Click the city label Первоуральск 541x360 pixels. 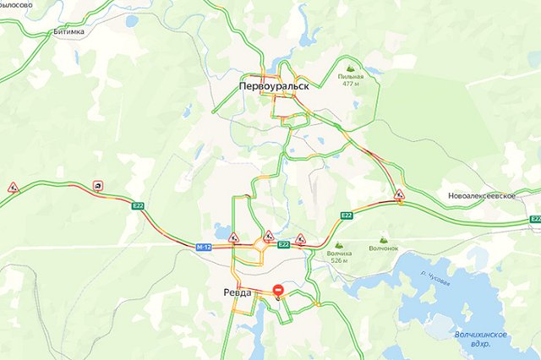pyautogui.click(x=274, y=86)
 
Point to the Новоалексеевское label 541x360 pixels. pyautogui.click(x=482, y=195)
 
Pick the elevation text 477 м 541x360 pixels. pyautogui.click(x=352, y=84)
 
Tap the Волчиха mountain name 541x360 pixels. pyautogui.click(x=340, y=253)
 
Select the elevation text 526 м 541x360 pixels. pyautogui.click(x=340, y=260)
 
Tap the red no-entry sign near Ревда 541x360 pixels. pyautogui.click(x=279, y=292)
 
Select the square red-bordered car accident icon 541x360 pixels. pyautogui.click(x=99, y=187)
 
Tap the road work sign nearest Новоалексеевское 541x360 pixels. pyautogui.click(x=399, y=195)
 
